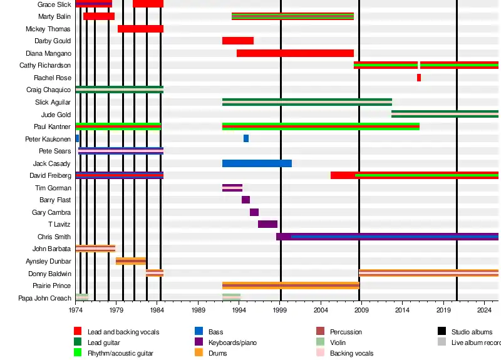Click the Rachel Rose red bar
[419, 78]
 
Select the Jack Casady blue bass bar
[257, 163]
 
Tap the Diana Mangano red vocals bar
[295, 53]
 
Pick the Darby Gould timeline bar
[238, 41]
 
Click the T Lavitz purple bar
[267, 224]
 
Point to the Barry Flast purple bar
[245, 200]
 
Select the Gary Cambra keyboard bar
[254, 212]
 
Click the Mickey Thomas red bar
[140, 29]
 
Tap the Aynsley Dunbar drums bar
[131, 261]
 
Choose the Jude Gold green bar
[445, 114]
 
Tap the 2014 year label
[402, 310]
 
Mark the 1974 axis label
[76, 310]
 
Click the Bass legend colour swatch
[199, 332]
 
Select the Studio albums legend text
[472, 332]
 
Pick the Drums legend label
[218, 353]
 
